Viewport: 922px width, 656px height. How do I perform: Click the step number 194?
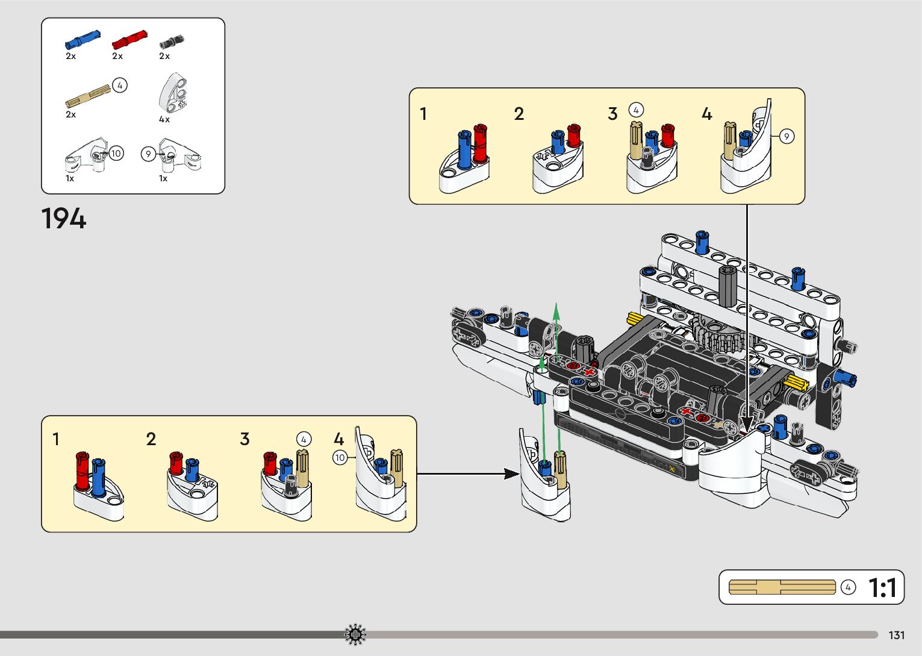pyautogui.click(x=64, y=219)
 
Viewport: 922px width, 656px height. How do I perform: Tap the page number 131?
pyautogui.click(x=897, y=635)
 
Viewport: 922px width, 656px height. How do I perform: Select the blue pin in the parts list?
pyautogui.click(x=82, y=40)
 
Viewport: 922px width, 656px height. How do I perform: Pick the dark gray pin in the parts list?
pyautogui.click(x=171, y=42)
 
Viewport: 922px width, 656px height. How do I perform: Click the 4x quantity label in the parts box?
pyautogui.click(x=164, y=119)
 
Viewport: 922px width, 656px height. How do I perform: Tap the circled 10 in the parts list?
pyautogui.click(x=116, y=153)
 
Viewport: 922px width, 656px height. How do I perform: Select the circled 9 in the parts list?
pyautogui.click(x=148, y=154)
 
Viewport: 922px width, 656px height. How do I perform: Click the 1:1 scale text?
pyautogui.click(x=882, y=588)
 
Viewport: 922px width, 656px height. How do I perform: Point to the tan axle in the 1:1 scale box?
pyautogui.click(x=782, y=587)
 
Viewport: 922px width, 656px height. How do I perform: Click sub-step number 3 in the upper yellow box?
pyautogui.click(x=612, y=114)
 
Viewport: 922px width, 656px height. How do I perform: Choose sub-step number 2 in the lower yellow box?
pyautogui.click(x=151, y=439)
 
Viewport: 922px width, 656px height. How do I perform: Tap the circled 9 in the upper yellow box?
pyautogui.click(x=786, y=137)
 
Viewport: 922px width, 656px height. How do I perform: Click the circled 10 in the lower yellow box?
pyautogui.click(x=340, y=458)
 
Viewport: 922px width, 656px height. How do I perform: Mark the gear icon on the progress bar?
pyautogui.click(x=355, y=634)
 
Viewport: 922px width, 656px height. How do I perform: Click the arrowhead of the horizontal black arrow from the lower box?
pyautogui.click(x=512, y=473)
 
